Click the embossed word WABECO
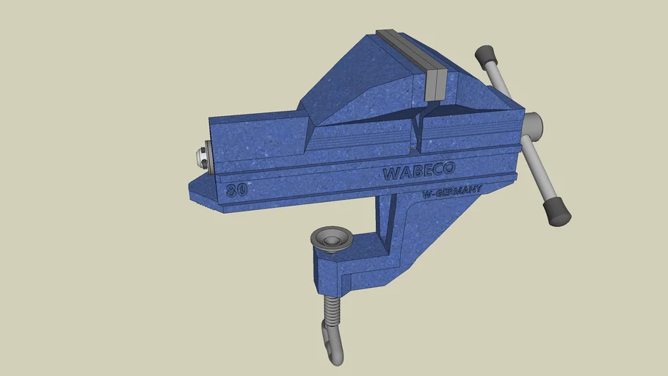[418, 172]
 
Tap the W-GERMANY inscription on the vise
[452, 192]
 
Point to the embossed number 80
[236, 189]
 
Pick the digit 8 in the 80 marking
[232, 190]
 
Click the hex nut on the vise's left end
[200, 156]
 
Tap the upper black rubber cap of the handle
[485, 55]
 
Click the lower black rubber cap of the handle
[557, 211]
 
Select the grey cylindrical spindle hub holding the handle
[534, 127]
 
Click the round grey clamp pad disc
[332, 239]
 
